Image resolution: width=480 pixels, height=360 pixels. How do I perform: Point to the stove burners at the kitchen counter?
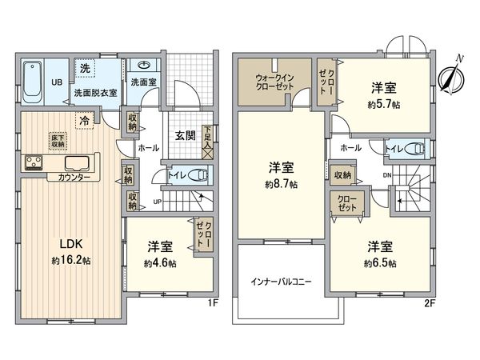(x=35, y=162)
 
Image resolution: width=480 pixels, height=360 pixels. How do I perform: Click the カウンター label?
(x=74, y=177)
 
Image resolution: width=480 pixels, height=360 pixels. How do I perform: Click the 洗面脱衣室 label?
(x=94, y=92)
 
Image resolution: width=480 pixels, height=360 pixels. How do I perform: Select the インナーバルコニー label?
(x=282, y=282)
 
